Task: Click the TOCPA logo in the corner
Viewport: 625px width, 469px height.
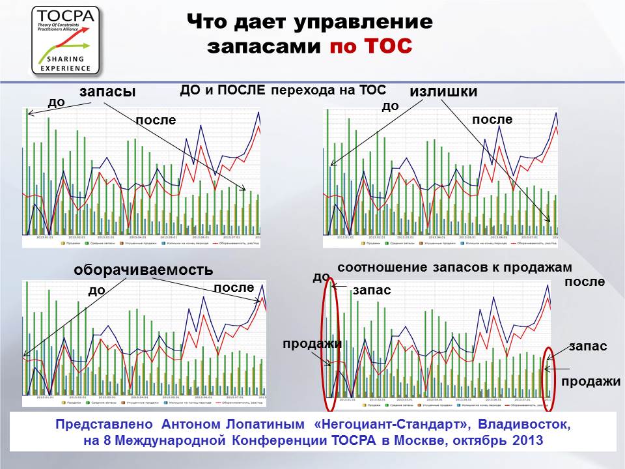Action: point(66,40)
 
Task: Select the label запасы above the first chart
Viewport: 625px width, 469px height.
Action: point(107,92)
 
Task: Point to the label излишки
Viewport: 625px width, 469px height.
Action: point(443,92)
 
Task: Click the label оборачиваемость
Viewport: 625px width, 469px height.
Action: point(143,270)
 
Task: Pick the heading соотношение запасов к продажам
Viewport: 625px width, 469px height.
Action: point(454,268)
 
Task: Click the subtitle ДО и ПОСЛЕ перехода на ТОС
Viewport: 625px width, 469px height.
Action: point(283,91)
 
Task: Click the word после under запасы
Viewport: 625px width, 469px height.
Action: point(156,121)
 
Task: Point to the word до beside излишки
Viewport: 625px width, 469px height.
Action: point(390,106)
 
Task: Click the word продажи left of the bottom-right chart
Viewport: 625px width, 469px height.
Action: point(312,343)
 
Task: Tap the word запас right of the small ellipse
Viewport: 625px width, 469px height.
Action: point(588,347)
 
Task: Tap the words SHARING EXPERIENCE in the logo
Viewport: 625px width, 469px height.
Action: point(66,63)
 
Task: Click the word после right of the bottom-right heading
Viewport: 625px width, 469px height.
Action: point(585,282)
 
